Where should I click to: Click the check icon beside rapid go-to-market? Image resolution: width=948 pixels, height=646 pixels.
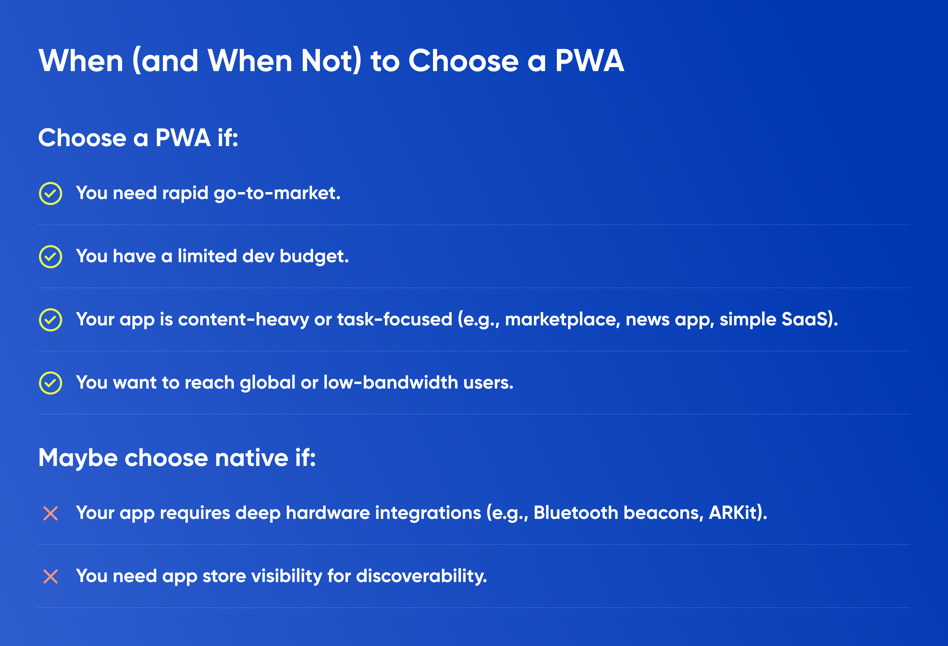(x=51, y=193)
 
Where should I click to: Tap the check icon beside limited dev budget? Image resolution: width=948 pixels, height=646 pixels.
(x=51, y=256)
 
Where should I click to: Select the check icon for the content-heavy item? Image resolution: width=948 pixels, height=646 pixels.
(x=51, y=320)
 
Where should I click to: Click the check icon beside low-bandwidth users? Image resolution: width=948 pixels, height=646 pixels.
(x=51, y=383)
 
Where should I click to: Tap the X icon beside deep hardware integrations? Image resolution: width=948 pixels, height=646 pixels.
(x=51, y=514)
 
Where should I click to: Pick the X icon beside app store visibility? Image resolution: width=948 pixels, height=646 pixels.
(x=51, y=577)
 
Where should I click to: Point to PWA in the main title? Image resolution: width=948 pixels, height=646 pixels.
(x=590, y=60)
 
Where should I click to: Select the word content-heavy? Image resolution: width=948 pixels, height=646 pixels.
(x=244, y=320)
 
